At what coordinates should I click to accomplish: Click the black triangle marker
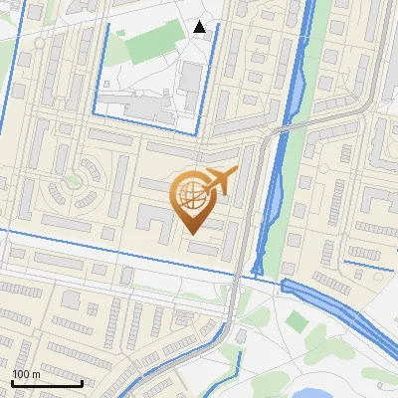coord(200,27)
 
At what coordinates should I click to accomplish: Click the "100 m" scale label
coord(25,374)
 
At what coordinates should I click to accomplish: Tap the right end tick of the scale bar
coord(82,382)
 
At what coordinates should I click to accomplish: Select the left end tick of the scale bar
coord(11,382)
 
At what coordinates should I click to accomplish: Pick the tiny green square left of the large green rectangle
coord(120,32)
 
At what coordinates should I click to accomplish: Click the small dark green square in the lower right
coord(297,320)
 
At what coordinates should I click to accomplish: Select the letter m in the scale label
coord(36,374)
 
